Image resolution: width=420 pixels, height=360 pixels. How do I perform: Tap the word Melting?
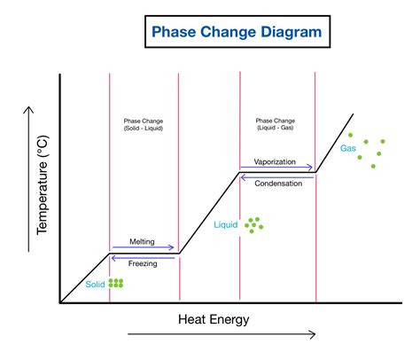tap(144, 240)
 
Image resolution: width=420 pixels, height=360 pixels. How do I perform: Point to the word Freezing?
tap(144, 262)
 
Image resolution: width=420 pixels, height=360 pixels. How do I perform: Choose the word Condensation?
tap(277, 183)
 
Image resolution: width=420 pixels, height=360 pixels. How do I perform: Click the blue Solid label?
tap(95, 285)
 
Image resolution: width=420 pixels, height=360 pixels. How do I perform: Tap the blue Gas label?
tap(348, 149)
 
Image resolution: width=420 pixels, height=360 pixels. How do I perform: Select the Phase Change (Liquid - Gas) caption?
tap(277, 124)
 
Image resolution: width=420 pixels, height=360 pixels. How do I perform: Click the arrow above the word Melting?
tap(144, 247)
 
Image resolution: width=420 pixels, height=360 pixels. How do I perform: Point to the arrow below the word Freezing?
tap(144, 255)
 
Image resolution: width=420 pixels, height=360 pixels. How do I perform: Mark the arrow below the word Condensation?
tap(277, 175)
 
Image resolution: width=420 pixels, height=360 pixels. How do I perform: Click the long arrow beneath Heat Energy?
tap(222, 334)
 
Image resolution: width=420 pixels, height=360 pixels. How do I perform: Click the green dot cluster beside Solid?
tap(116, 284)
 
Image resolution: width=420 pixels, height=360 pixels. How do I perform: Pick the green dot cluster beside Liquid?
tap(254, 225)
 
